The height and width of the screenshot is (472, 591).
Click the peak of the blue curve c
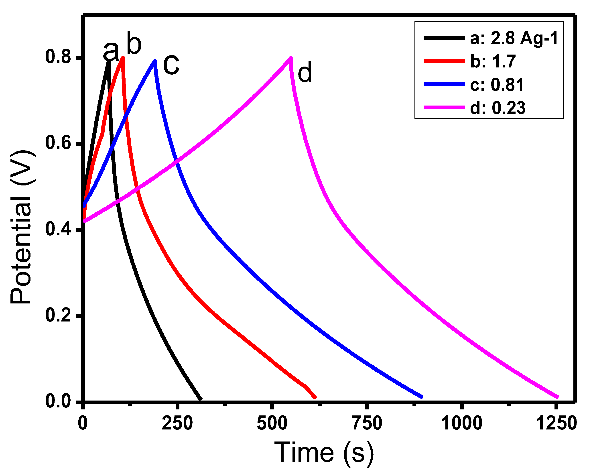(x=155, y=61)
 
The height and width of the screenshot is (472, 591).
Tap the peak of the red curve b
(x=123, y=58)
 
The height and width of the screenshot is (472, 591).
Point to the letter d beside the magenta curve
(x=305, y=72)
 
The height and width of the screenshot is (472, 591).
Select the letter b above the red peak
(x=134, y=44)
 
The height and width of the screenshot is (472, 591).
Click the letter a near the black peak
(x=111, y=51)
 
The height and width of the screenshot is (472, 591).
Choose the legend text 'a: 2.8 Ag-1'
(x=514, y=38)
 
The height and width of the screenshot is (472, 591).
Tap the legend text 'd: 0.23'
(x=498, y=108)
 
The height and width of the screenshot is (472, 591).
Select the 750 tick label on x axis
(x=367, y=423)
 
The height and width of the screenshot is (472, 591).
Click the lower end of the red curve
(x=316, y=398)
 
